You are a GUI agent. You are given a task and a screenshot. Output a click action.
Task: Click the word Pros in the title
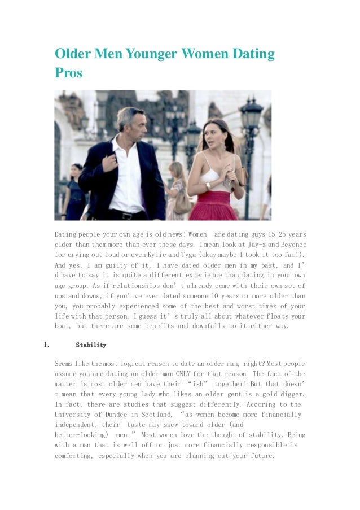[68, 73]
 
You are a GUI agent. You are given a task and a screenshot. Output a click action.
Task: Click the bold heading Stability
[91, 345]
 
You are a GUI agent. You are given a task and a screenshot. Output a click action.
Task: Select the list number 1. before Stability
[47, 345]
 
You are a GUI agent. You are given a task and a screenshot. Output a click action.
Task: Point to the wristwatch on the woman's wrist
[208, 185]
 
